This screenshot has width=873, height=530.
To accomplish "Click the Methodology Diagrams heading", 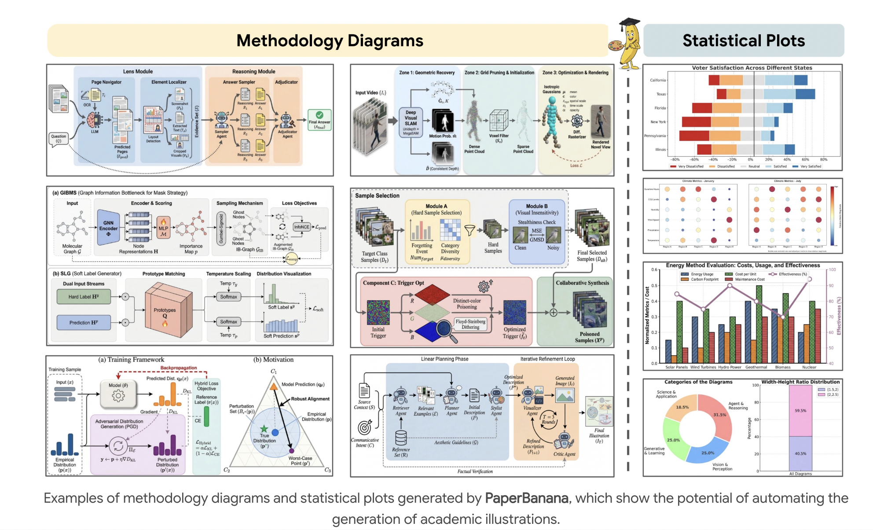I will click(x=330, y=40).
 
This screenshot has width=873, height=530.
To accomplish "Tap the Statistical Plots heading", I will click(x=743, y=40).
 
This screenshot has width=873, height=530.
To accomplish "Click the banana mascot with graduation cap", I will click(x=628, y=44).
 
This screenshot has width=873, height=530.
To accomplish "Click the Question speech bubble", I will click(x=59, y=139).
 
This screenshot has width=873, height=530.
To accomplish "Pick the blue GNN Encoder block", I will click(x=108, y=228).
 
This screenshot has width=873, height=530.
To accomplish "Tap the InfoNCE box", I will click(x=302, y=227).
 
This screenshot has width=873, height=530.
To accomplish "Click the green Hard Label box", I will click(x=84, y=297).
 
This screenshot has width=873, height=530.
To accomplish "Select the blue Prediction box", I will click(x=84, y=323).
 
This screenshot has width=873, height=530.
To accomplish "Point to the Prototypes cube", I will click(x=167, y=311).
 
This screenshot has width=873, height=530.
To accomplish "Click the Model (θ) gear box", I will click(x=118, y=393).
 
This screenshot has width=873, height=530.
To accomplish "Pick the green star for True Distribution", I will click(x=264, y=429).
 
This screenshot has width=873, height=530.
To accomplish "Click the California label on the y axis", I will click(x=658, y=80).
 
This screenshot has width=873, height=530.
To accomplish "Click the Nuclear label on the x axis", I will click(x=809, y=367).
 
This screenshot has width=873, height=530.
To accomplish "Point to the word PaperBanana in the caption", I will click(x=526, y=498).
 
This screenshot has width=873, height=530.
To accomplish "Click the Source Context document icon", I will click(x=364, y=390).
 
